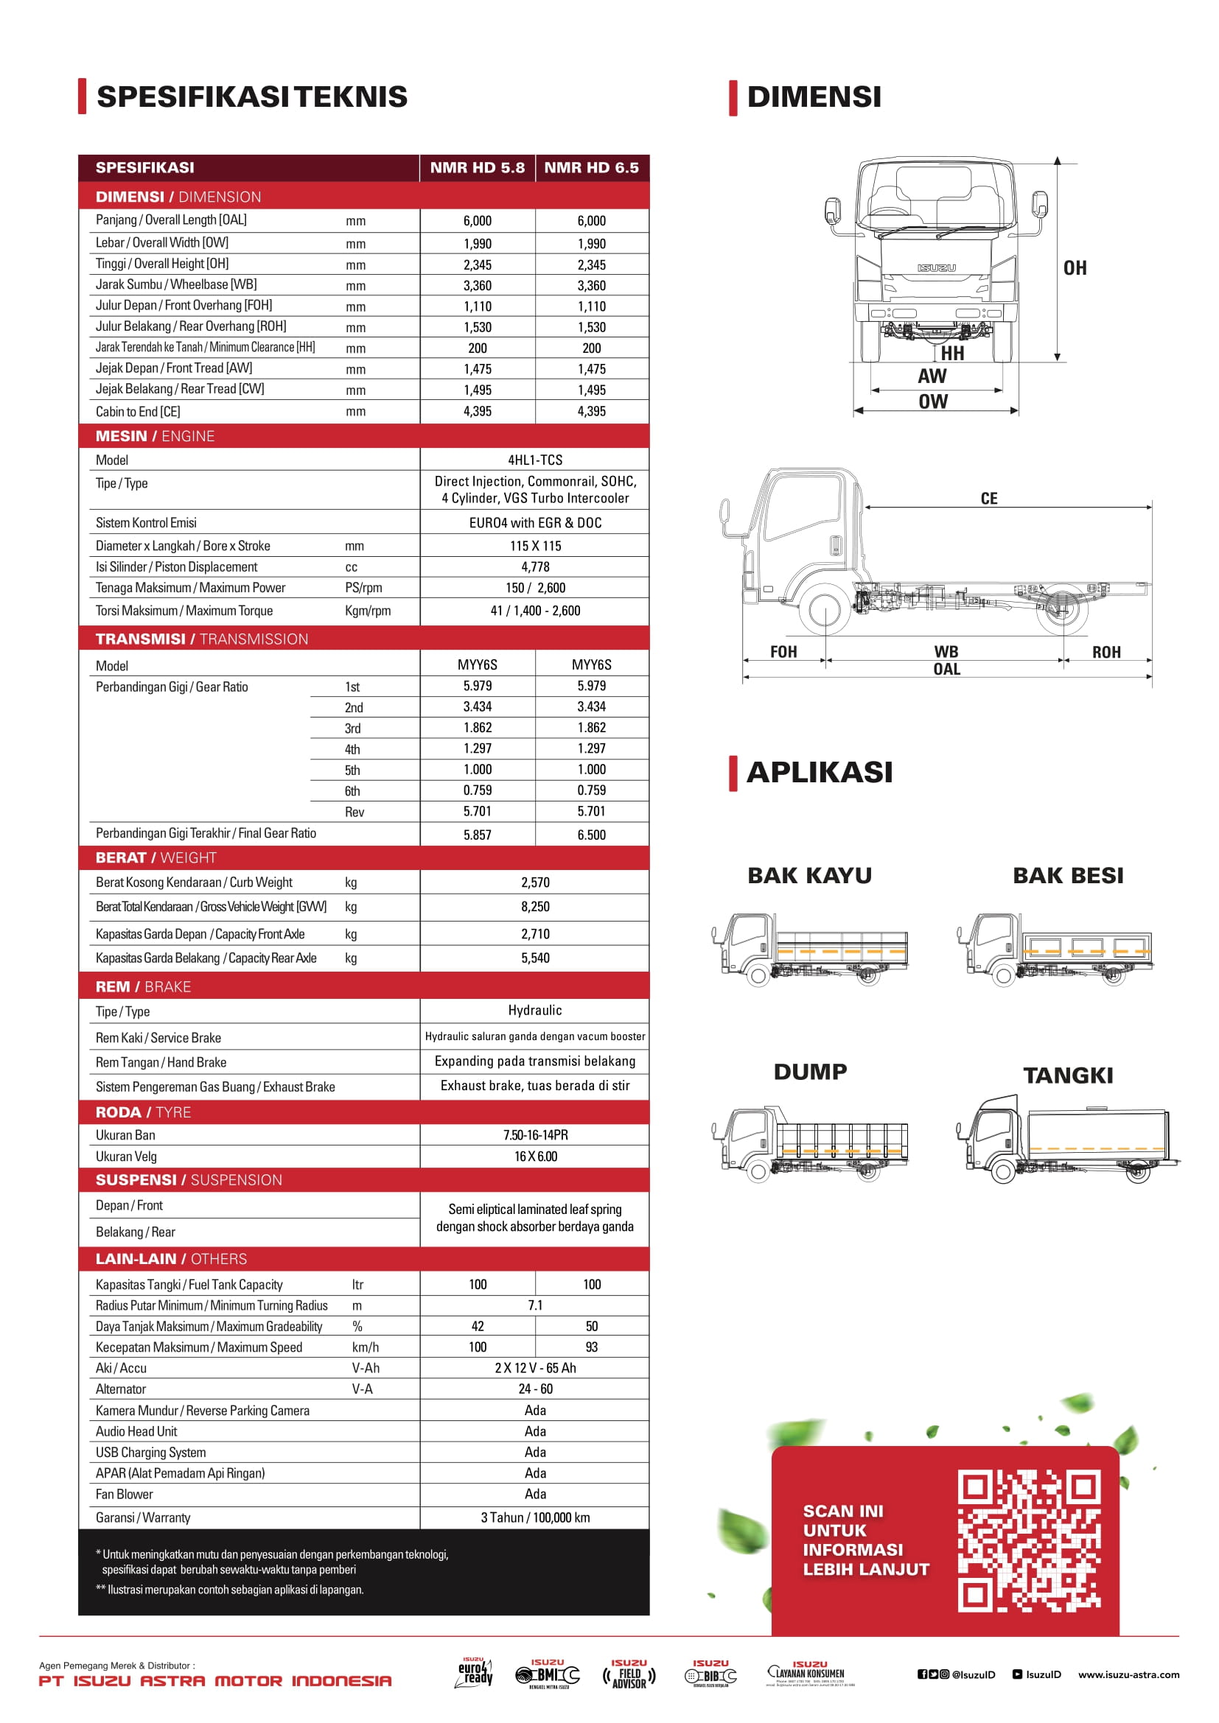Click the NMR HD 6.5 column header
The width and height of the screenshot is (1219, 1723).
592,168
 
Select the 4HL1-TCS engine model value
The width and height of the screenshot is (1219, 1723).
534,460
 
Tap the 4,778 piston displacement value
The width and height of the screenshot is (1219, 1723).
534,567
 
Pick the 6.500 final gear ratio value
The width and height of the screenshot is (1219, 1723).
592,835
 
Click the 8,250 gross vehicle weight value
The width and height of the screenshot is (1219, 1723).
534,908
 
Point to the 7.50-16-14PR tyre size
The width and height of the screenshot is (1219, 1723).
534,1135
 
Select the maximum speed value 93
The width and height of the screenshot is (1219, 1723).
592,1348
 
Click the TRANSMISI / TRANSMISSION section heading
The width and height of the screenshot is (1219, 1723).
202,639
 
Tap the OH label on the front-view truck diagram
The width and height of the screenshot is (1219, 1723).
1075,268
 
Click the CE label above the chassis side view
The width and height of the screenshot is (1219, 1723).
988,499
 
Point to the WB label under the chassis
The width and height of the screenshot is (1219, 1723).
946,652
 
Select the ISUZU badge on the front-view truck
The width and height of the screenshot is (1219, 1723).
936,268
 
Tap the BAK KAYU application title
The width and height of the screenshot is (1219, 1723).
809,876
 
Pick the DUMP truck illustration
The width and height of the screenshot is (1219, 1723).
809,1144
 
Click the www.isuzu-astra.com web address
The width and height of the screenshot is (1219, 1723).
1128,1674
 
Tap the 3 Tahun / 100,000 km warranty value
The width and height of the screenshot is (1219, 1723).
534,1518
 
